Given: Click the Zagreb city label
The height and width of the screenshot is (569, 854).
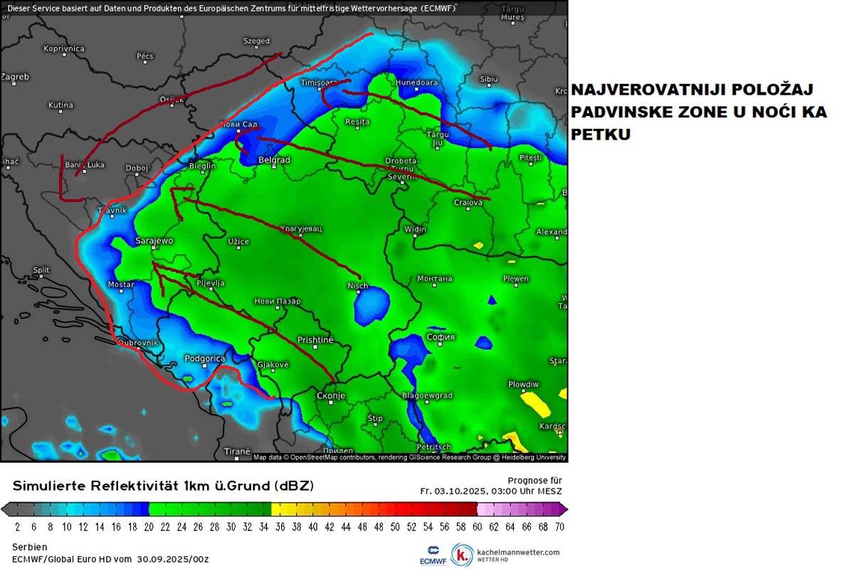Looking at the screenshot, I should pyautogui.click(x=15, y=76).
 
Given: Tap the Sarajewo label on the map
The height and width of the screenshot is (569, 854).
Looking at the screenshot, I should pyautogui.click(x=154, y=241).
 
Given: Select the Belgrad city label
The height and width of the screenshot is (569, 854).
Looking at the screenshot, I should pyautogui.click(x=274, y=160).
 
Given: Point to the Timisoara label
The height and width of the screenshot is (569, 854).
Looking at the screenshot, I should pyautogui.click(x=318, y=83).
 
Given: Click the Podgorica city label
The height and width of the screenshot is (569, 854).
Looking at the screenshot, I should pyautogui.click(x=204, y=358).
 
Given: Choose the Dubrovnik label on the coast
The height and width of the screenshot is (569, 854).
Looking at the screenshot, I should pyautogui.click(x=137, y=343).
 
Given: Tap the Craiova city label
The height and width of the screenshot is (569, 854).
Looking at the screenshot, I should pyautogui.click(x=468, y=202).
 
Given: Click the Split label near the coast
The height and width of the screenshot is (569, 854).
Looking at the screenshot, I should pyautogui.click(x=41, y=270).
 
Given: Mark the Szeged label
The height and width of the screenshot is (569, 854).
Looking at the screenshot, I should pyautogui.click(x=256, y=41).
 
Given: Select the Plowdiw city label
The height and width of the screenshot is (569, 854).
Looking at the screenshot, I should pyautogui.click(x=523, y=384).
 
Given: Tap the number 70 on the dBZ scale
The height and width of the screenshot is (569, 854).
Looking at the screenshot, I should pyautogui.click(x=559, y=527).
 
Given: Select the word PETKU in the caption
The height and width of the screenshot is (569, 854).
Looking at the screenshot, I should pyautogui.click(x=601, y=134).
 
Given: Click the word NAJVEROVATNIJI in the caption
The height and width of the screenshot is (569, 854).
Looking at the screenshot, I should pyautogui.click(x=640, y=90).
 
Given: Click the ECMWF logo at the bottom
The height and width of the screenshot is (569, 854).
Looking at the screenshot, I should pyautogui.click(x=432, y=554).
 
